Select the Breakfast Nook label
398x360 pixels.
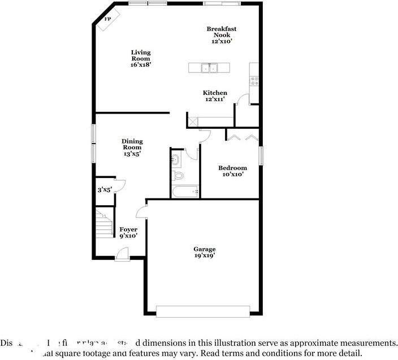click(221, 34)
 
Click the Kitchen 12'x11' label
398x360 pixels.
click(215, 96)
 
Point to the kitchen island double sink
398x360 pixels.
click(210, 68)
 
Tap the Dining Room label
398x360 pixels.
click(132, 147)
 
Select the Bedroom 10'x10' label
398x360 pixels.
click(232, 171)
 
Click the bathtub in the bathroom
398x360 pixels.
click(185, 192)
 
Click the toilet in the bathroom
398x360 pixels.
click(179, 176)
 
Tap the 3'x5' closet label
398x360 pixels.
click(104, 190)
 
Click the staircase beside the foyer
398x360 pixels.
click(105, 223)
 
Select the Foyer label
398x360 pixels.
click(128, 232)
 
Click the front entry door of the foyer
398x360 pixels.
click(122, 255)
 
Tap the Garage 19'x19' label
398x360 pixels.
click(204, 252)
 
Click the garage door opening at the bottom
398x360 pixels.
click(202, 311)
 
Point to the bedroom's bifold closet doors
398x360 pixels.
click(242, 137)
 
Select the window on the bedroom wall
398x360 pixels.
click(261, 156)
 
